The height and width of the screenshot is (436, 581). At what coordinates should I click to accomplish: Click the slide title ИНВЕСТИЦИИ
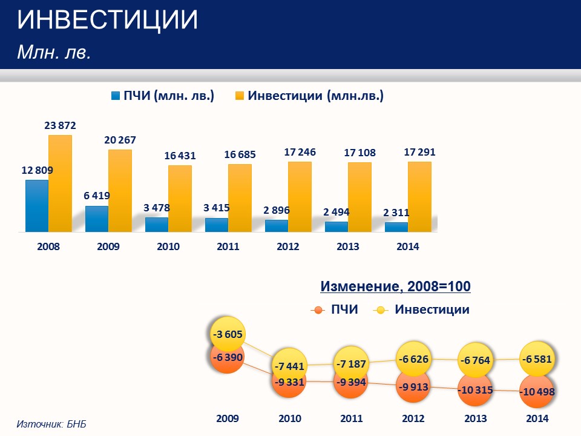coord(108,21)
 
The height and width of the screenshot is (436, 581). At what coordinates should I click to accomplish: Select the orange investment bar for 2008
coord(60,183)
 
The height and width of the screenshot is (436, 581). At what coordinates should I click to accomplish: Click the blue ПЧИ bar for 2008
coord(37,206)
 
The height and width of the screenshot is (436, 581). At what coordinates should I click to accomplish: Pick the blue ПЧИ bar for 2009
coord(97,219)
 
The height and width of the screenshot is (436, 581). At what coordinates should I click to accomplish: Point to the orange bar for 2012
coord(300,196)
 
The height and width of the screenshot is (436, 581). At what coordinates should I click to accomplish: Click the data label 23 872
coord(60,126)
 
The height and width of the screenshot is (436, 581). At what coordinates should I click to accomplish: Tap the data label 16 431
coord(180,156)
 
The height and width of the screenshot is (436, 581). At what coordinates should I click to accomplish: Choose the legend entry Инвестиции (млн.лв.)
coord(309,96)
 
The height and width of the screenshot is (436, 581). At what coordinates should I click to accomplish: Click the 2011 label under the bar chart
coord(228,246)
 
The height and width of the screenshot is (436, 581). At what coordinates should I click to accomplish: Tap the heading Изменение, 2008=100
coord(395,286)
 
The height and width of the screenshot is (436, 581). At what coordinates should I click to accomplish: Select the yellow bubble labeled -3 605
coord(227,334)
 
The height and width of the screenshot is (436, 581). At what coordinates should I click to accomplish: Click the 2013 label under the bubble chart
coord(475,418)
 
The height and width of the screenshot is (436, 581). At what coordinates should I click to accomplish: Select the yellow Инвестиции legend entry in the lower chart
coord(424,309)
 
